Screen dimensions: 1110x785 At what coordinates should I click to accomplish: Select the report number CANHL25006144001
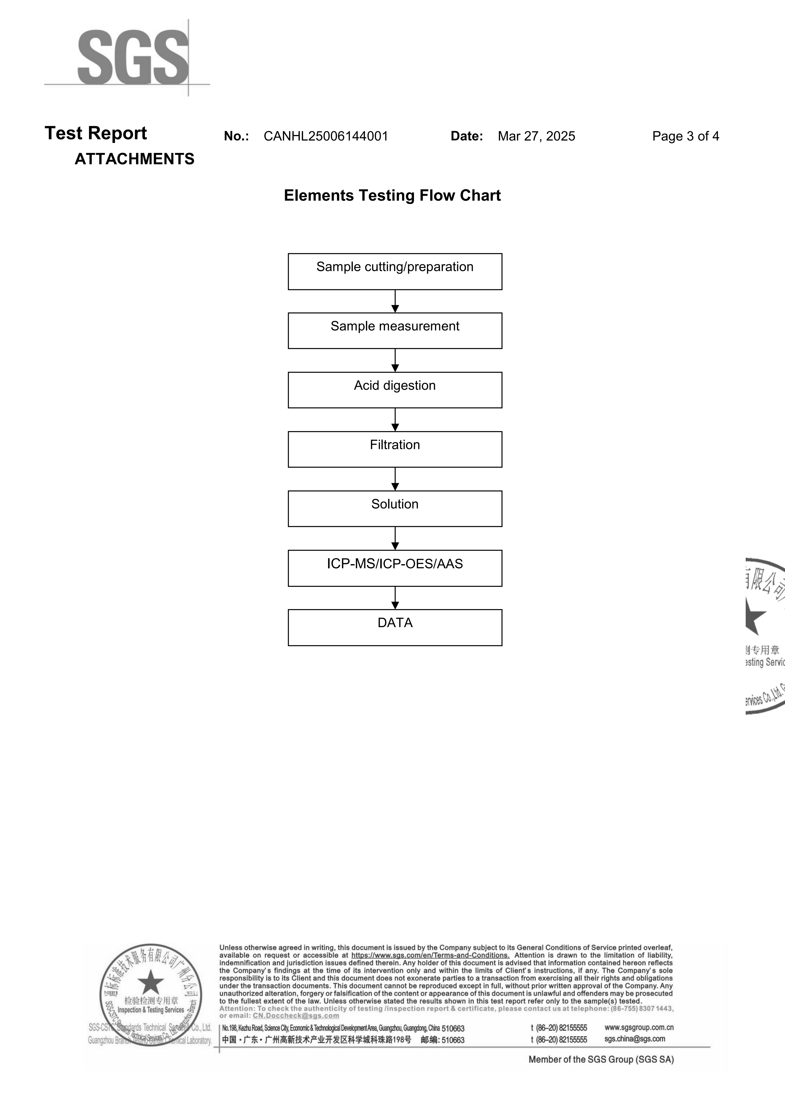click(326, 136)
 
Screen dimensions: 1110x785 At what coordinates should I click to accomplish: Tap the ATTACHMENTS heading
click(135, 159)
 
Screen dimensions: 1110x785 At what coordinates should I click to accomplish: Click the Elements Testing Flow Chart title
click(392, 195)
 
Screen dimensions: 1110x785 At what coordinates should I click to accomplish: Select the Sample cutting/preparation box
click(395, 272)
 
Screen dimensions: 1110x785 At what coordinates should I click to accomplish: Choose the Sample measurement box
click(395, 331)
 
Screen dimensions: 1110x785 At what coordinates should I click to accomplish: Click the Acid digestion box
click(395, 390)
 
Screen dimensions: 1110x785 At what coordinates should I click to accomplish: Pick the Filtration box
click(395, 450)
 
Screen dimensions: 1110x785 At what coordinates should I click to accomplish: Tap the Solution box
click(395, 509)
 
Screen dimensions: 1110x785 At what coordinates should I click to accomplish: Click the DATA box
click(395, 627)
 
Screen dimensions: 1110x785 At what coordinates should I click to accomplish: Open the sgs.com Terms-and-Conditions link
click(430, 955)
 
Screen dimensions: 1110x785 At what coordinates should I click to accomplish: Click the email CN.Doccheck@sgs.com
click(296, 1016)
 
